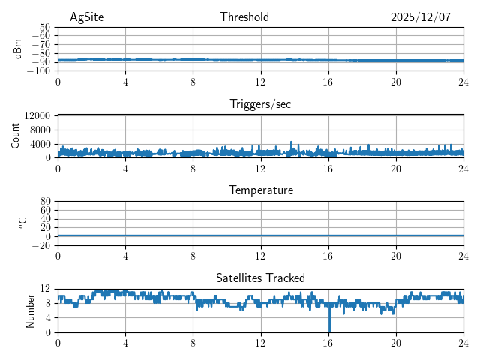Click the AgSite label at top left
tap(85, 17)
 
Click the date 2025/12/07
tap(420, 17)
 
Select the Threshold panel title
tap(244, 17)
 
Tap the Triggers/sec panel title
tap(260, 104)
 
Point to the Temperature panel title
tap(260, 190)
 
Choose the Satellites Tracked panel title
tap(260, 277)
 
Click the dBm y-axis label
tap(18, 49)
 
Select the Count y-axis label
tap(15, 136)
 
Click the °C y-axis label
tap(22, 223)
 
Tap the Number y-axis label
tap(30, 310)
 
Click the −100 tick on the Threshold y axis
tap(40, 71)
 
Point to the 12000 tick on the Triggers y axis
tap(37, 116)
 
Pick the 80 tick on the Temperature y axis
tap(45, 202)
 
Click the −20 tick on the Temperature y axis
tap(40, 245)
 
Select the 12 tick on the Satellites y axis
tap(45, 289)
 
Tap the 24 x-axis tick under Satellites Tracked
tap(463, 343)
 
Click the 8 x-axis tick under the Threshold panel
tap(193, 82)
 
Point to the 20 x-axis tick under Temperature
tap(395, 256)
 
